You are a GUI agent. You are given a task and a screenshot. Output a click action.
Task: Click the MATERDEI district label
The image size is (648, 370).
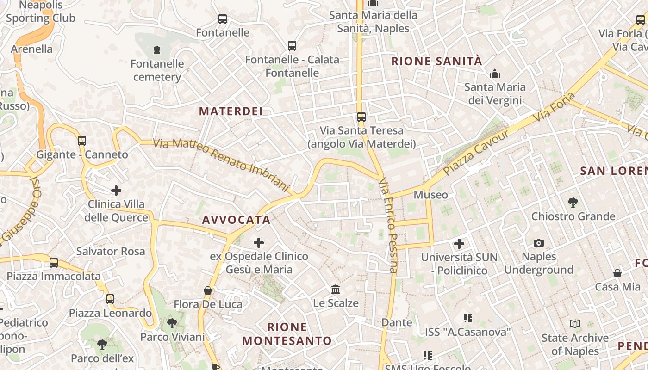coord(231,111)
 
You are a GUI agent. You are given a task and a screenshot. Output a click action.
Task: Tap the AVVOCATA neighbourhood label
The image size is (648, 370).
coord(236,220)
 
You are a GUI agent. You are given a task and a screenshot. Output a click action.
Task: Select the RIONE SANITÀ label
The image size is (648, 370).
coord(437,61)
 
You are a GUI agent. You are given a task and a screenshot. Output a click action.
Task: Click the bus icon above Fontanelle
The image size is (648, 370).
coord(223,19)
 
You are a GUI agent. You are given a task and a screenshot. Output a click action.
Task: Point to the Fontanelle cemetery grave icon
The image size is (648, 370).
coord(157,49)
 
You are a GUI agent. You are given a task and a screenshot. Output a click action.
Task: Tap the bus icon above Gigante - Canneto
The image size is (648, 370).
coord(82,141)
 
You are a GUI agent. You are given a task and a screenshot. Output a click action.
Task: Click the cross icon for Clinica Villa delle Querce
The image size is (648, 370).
coord(116,190)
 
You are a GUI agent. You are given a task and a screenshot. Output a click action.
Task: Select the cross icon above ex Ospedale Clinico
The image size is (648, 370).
coord(259,242)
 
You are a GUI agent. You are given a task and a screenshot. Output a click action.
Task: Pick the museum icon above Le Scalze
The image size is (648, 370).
coord(336,290)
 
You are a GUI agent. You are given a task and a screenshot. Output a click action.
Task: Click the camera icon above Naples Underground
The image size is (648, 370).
coord(539,243)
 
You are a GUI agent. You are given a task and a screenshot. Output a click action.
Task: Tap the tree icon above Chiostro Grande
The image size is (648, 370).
coord(573,202)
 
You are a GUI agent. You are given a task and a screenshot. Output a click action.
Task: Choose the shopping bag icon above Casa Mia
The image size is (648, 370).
coord(617,273)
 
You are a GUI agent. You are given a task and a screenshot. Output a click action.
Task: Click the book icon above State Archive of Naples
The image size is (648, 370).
coord(575,324)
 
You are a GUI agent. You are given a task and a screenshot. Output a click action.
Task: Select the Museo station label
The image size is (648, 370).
coord(430,195)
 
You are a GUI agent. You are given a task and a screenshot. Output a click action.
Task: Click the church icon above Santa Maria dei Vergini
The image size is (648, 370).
coord(495,74)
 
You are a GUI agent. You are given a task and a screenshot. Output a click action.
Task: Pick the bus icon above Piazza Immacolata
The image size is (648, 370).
coord(54,263)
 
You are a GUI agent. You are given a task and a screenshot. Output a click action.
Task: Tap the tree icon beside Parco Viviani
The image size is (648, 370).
coord(172,323)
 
